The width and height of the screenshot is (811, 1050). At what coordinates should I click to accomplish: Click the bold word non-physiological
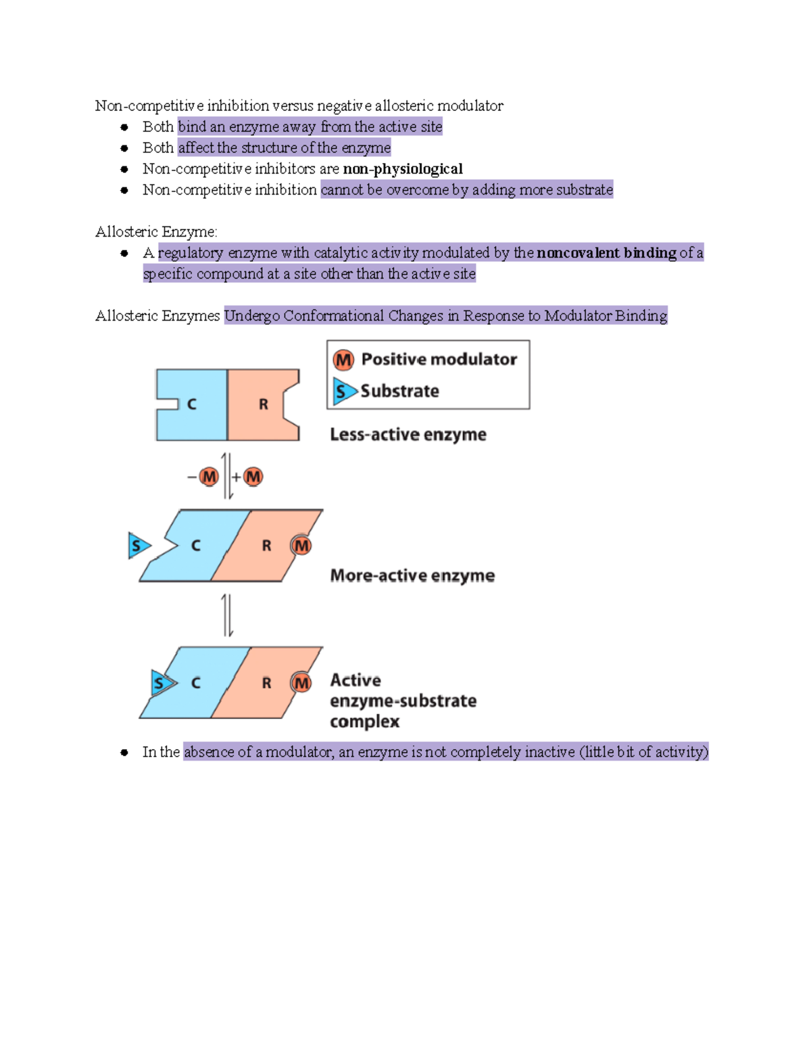(403, 169)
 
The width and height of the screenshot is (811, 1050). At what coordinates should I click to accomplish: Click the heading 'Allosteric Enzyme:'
(156, 232)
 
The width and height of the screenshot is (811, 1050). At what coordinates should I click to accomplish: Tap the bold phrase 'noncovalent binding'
(606, 253)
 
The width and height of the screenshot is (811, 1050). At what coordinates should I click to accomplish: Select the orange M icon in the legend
(343, 360)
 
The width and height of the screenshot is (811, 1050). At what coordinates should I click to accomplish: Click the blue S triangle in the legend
(344, 391)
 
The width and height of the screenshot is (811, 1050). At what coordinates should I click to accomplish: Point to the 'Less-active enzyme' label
(408, 435)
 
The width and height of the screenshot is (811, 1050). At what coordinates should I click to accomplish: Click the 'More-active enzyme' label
(412, 576)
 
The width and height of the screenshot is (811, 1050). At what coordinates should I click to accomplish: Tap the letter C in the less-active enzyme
(192, 404)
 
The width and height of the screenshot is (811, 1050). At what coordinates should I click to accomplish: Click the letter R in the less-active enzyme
(264, 404)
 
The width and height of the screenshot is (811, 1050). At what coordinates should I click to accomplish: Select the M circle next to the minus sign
(210, 477)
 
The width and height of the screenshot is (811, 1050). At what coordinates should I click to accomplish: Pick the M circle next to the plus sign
(253, 477)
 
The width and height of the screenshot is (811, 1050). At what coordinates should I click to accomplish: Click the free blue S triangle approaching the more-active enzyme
(139, 546)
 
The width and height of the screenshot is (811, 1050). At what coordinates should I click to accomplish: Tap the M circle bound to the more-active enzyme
(301, 546)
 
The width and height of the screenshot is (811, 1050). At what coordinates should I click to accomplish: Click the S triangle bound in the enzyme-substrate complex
(162, 683)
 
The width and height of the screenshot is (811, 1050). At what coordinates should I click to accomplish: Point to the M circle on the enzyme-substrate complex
(301, 683)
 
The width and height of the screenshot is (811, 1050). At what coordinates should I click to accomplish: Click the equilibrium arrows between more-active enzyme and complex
(228, 615)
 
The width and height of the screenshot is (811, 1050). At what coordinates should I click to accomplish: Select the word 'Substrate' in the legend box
(399, 391)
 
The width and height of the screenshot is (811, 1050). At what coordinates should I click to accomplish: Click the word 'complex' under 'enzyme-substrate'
(364, 722)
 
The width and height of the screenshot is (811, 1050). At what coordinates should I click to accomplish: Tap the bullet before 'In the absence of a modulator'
(124, 753)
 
